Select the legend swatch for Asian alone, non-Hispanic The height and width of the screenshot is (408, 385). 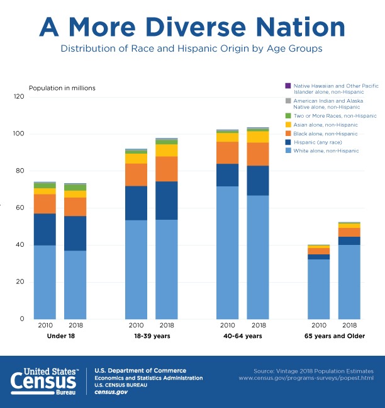[x=287, y=125]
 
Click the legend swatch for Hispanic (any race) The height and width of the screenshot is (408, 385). [x=287, y=142]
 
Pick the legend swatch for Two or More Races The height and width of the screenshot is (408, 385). [x=287, y=116]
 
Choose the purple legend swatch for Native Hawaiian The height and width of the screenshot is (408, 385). [x=287, y=85]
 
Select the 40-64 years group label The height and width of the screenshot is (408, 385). [x=242, y=336]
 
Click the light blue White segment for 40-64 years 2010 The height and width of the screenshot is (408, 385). [x=227, y=252]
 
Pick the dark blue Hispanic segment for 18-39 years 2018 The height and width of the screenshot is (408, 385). [x=166, y=200]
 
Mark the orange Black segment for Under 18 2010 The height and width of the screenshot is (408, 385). [x=45, y=203]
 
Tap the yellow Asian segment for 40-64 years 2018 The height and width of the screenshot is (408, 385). [x=257, y=137]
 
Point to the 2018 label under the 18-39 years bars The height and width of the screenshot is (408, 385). [x=166, y=326]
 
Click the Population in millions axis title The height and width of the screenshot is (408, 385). [x=62, y=88]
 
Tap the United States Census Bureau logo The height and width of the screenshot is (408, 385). [x=44, y=382]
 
